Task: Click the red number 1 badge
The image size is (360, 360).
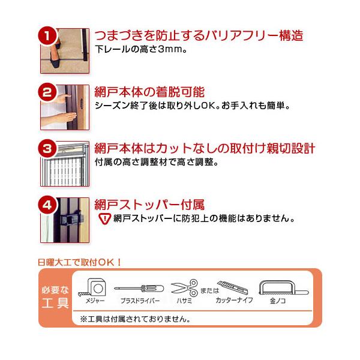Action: [47, 36]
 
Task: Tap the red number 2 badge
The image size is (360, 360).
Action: [47, 92]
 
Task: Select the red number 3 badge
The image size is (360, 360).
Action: [47, 149]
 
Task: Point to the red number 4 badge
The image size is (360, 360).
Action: [47, 205]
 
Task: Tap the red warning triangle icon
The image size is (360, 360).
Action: [104, 218]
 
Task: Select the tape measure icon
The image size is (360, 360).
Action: [94, 287]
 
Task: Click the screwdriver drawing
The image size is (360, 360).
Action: [139, 289]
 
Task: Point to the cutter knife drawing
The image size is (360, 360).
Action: [233, 287]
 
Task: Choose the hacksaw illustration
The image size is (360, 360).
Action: [284, 287]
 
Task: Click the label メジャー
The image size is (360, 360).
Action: [95, 301]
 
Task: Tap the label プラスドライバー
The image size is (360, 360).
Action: [140, 301]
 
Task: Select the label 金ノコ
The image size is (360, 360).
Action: [278, 301]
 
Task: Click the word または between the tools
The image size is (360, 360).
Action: [210, 290]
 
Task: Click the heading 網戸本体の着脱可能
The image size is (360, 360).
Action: [149, 92]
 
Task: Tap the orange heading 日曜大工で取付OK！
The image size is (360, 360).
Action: [79, 262]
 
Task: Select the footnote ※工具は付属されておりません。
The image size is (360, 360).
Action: [135, 319]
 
